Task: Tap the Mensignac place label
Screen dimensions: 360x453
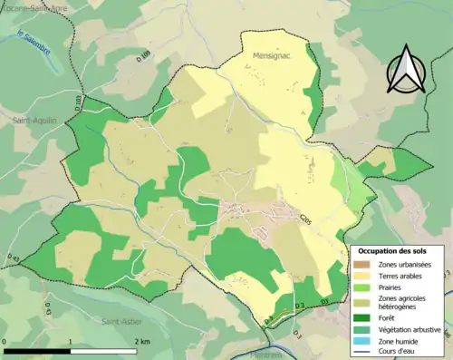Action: tap(267, 54)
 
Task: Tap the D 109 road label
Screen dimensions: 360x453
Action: tap(146, 66)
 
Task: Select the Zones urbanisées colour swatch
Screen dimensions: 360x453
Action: tap(361, 264)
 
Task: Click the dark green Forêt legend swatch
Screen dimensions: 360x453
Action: tap(361, 317)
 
